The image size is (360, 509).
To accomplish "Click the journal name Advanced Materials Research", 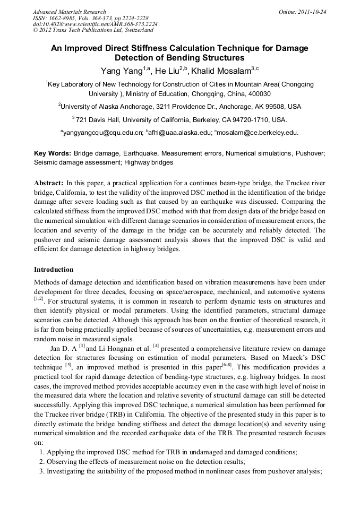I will (69, 12).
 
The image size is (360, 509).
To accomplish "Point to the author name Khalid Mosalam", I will (222, 71).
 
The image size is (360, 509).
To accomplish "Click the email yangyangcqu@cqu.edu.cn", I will (102, 132).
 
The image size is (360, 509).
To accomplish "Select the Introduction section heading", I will (54, 270).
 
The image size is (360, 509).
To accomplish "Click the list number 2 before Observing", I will (42, 462).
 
